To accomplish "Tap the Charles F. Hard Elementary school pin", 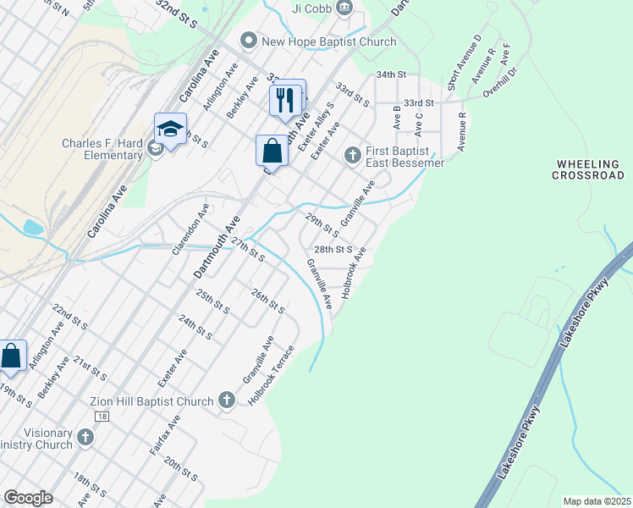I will [170, 130].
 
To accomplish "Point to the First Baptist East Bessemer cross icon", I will [353, 156].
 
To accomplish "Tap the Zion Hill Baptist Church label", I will [151, 400].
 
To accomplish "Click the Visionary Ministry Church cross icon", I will [85, 438].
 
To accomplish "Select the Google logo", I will [28, 498].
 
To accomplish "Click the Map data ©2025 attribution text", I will [597, 501].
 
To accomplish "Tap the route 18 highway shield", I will [102, 417].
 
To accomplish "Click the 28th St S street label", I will [333, 250].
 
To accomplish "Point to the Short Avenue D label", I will [465, 63].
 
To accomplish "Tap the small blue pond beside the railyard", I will [34, 227].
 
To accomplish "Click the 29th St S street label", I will [322, 225].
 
